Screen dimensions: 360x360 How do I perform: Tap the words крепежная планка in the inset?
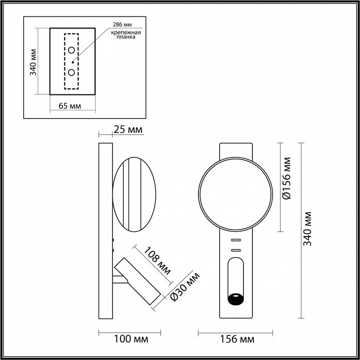pyautogui.click(x=125, y=36)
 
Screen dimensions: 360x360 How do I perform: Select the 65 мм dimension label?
pyautogui.click(x=70, y=106)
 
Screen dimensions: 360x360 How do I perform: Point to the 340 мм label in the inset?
pyautogui.click(x=33, y=61)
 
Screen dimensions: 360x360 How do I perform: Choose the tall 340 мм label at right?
pyautogui.click(x=308, y=228)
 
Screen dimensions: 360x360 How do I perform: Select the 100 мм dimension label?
pyautogui.click(x=131, y=339)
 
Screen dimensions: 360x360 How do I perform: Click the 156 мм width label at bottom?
pyautogui.click(x=237, y=339)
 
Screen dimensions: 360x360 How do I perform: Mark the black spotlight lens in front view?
pyautogui.click(x=235, y=299)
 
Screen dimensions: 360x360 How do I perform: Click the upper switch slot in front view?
pyautogui.click(x=235, y=241)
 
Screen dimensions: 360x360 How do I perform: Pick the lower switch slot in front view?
pyautogui.click(x=235, y=249)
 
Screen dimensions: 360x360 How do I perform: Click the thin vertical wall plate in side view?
pyautogui.click(x=105, y=230)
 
